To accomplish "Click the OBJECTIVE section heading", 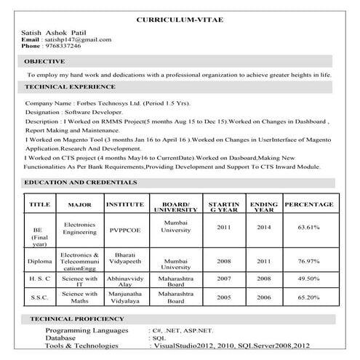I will click(x=46, y=61).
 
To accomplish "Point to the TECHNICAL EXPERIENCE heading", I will click(x=70, y=87).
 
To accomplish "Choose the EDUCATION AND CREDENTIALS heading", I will click(x=80, y=182).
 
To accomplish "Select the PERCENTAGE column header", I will click(x=308, y=205).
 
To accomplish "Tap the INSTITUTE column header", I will click(x=125, y=205).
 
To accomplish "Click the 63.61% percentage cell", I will click(x=308, y=228).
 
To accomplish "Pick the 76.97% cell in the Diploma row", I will click(x=308, y=261).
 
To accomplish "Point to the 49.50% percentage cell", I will click(x=308, y=279).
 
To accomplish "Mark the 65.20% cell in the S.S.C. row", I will click(x=308, y=297).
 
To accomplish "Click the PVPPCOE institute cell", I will click(x=125, y=228).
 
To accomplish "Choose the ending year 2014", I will click(x=264, y=227).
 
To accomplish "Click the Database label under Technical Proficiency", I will click(x=64, y=338).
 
